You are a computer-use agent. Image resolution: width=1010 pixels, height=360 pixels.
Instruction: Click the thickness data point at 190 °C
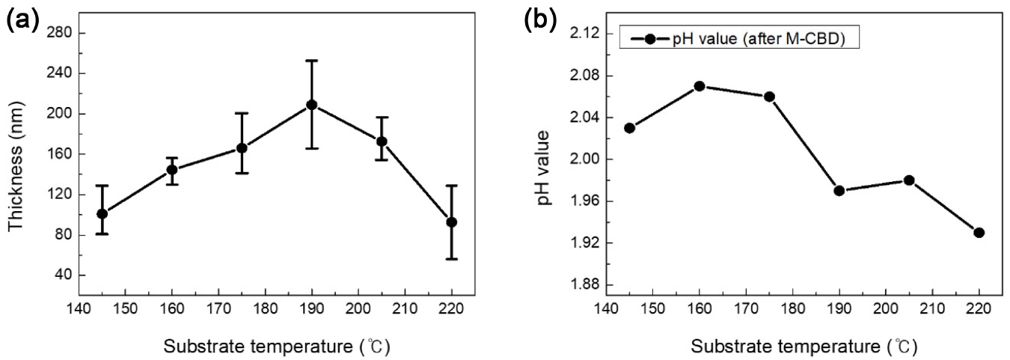click(x=311, y=105)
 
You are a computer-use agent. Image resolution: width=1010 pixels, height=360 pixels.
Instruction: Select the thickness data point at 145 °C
click(x=102, y=213)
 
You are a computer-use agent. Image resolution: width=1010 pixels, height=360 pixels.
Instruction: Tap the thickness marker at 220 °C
click(x=451, y=222)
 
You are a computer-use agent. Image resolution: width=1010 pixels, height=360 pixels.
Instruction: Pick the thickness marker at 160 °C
click(x=172, y=169)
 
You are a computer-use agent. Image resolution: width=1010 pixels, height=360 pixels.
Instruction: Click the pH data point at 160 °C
click(x=700, y=86)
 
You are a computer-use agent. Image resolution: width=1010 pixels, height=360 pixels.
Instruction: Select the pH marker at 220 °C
click(x=979, y=233)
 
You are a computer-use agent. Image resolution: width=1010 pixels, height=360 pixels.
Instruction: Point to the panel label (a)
click(x=22, y=20)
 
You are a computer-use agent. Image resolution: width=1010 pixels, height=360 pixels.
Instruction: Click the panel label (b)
click(x=541, y=20)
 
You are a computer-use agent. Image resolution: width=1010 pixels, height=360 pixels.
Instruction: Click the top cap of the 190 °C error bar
click(x=311, y=61)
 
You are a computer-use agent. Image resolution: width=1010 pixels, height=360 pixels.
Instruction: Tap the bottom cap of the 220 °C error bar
click(x=451, y=259)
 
